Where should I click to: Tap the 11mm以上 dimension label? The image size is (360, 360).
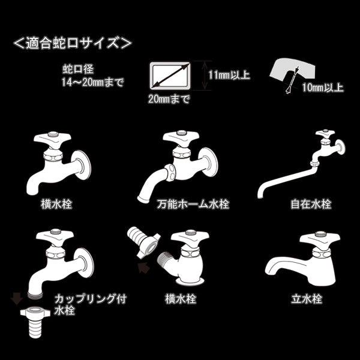[229, 75]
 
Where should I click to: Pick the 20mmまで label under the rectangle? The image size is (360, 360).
[169, 100]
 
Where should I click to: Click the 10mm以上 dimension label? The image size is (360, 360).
[323, 88]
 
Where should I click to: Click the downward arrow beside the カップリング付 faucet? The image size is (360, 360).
[14, 296]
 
